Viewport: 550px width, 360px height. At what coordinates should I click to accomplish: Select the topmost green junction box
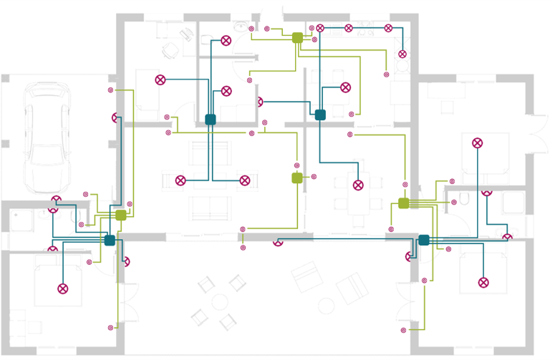pyautogui.click(x=298, y=37)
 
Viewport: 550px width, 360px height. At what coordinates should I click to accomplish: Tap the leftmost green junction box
pyautogui.click(x=121, y=215)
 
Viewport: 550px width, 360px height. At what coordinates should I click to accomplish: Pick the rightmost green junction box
pyautogui.click(x=403, y=203)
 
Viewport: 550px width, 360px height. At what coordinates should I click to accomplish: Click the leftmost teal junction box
pyautogui.click(x=110, y=240)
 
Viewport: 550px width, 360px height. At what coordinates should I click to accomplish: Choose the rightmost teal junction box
pyautogui.click(x=423, y=240)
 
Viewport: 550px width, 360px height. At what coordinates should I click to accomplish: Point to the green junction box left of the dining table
pyautogui.click(x=297, y=177)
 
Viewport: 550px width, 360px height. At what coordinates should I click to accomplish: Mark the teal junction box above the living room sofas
pyautogui.click(x=211, y=120)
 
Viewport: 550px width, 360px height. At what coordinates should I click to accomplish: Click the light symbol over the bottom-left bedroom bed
pyautogui.click(x=62, y=288)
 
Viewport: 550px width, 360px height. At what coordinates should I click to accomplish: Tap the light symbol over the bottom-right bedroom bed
pyautogui.click(x=483, y=282)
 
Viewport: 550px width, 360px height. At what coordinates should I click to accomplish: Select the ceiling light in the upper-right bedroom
pyautogui.click(x=478, y=143)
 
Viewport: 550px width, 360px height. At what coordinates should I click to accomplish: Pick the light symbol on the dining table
pyautogui.click(x=358, y=185)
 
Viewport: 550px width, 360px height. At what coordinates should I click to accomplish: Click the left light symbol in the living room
pyautogui.click(x=180, y=180)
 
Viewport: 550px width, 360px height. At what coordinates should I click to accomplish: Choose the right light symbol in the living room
pyautogui.click(x=245, y=180)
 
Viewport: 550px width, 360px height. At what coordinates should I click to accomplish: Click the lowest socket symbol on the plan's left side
pyautogui.click(x=110, y=328)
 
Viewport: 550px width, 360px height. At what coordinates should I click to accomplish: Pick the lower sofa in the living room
pyautogui.click(x=210, y=208)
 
